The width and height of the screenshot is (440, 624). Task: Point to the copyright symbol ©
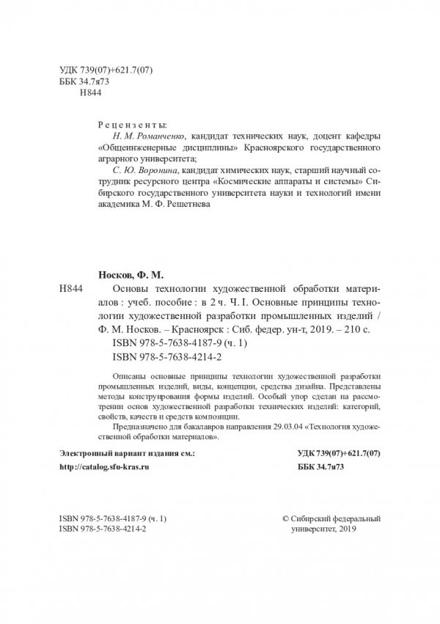[x=286, y=517]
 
